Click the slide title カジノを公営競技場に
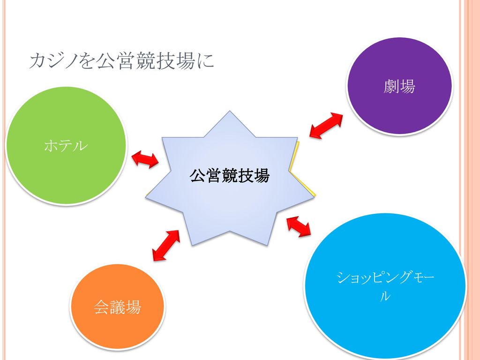tap(121, 61)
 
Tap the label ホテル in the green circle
tap(66, 146)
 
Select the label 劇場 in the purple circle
tap(399, 86)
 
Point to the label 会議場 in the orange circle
tap(117, 307)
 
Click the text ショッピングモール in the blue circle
tap(385, 286)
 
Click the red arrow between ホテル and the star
tap(145, 159)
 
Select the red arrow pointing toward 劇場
tap(326, 126)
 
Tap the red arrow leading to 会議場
tap(166, 245)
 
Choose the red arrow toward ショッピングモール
tap(299, 226)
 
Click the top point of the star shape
tap(229, 111)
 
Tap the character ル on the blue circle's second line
tap(385, 296)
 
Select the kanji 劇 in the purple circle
tap(391, 86)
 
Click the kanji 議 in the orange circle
tap(117, 307)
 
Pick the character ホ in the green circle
tap(52, 146)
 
